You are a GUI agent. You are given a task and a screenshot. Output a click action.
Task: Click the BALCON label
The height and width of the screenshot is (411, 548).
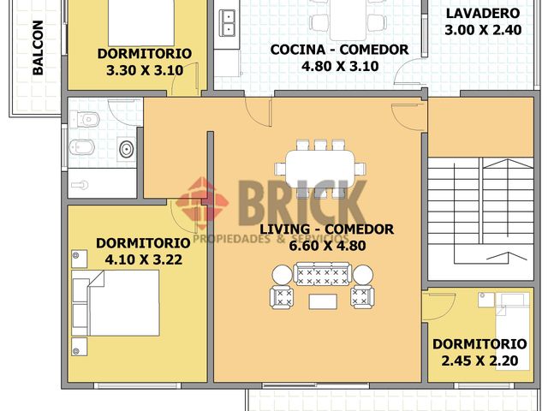click(38, 48)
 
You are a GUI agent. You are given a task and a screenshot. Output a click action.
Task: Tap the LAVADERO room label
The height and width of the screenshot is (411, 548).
click(483, 14)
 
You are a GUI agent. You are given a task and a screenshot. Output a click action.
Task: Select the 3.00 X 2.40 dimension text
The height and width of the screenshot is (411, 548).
click(483, 30)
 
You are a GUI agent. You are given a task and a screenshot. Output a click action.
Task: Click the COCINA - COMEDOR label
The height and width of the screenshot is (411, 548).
click(339, 50)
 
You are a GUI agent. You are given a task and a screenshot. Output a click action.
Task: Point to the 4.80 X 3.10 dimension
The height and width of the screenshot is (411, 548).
click(340, 66)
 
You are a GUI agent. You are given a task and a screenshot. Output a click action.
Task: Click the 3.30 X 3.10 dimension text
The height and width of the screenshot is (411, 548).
click(145, 70)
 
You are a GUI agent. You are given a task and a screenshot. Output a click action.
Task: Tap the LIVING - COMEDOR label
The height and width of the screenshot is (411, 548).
click(327, 229)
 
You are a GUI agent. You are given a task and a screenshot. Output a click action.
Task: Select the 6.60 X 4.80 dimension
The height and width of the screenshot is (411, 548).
click(327, 246)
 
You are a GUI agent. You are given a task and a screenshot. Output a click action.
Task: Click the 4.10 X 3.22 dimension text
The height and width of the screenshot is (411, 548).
click(144, 259)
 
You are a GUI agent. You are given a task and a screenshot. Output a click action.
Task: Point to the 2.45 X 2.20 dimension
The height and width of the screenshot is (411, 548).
click(479, 360)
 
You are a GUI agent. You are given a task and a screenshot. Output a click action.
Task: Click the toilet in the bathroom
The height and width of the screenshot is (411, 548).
click(85, 120)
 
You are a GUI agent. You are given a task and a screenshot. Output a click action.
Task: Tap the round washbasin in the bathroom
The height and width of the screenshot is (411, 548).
click(126, 149)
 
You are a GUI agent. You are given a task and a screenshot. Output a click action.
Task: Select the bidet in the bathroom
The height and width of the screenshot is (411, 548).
click(82, 147)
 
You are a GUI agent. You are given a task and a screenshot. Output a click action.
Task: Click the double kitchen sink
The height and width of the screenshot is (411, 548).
click(227, 23)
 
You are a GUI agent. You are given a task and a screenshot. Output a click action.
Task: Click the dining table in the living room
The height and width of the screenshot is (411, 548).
click(320, 170)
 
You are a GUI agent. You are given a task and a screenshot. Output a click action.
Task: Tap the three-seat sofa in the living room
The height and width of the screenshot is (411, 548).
click(322, 274)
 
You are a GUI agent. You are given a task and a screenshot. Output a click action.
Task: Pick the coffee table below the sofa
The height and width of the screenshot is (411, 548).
click(323, 301)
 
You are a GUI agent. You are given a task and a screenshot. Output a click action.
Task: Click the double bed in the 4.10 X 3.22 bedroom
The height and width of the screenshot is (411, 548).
click(116, 303)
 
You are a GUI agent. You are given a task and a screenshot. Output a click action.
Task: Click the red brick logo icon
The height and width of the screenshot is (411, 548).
click(202, 203)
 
